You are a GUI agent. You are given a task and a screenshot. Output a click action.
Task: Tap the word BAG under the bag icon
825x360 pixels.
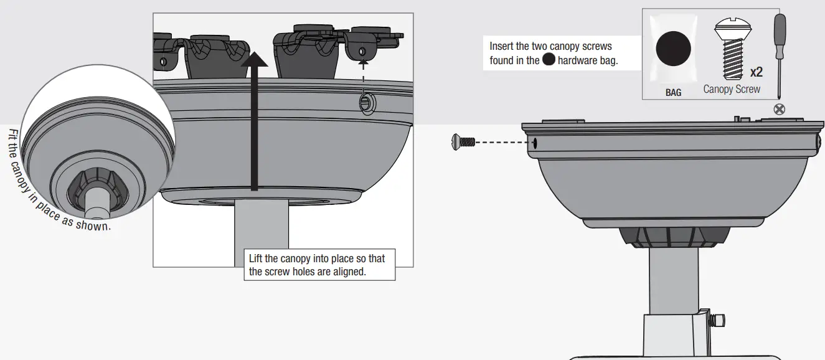point(673,92)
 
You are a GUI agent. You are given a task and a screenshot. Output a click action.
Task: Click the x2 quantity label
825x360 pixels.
point(756,72)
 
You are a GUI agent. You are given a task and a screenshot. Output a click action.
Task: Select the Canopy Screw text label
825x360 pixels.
point(732,89)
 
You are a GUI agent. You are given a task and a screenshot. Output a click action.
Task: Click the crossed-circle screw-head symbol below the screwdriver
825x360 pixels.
point(779,110)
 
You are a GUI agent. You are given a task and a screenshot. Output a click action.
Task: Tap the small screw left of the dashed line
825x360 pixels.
point(463,142)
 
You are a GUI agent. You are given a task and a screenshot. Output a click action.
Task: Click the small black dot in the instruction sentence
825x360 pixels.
point(549,60)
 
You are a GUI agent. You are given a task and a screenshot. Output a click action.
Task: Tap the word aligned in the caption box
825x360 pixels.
point(348,272)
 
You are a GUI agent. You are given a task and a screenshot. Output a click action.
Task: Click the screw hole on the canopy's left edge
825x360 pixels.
point(534,143)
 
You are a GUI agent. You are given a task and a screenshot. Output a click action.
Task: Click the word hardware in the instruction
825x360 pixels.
point(577,60)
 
